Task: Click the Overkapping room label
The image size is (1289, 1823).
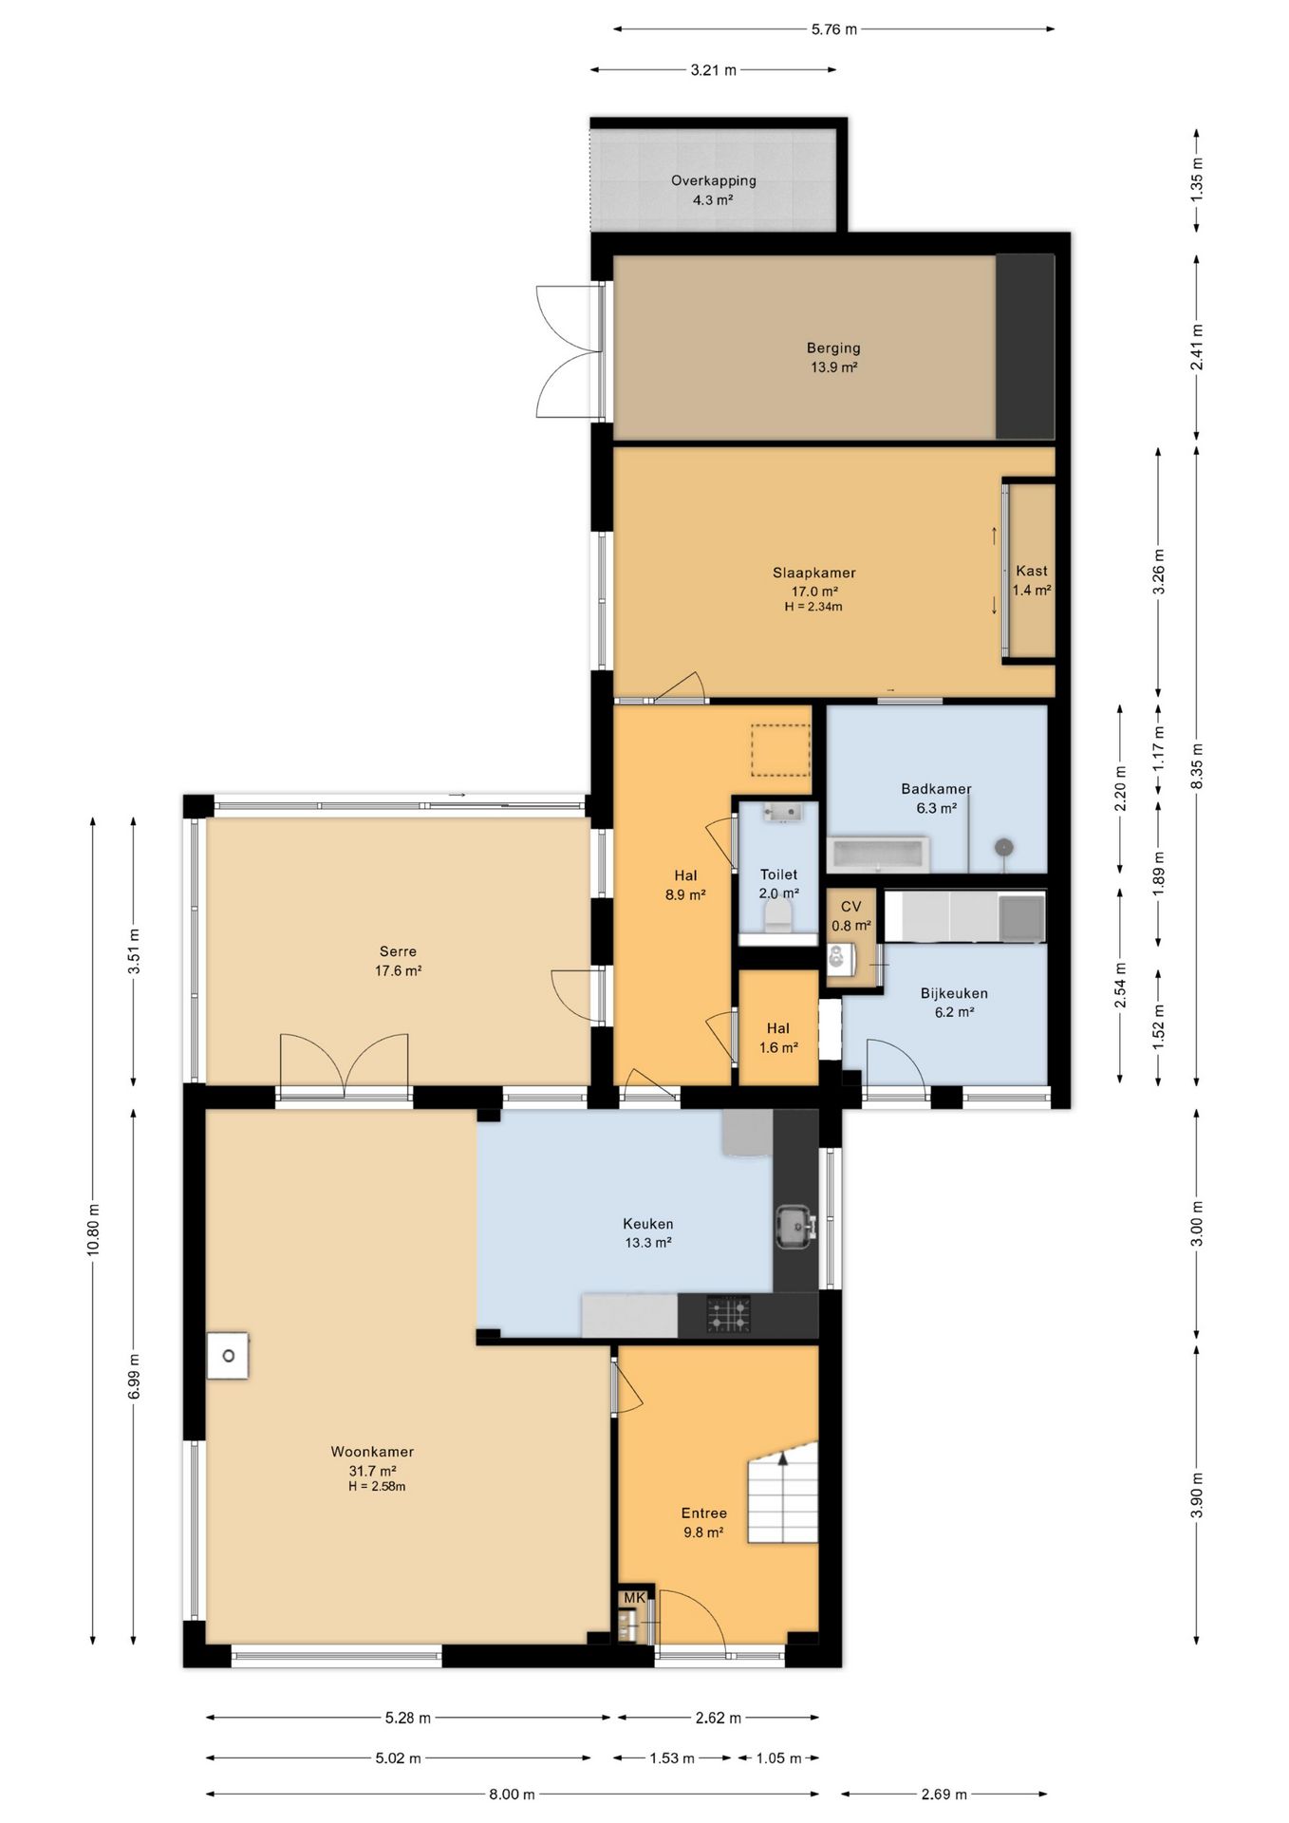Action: pos(713,180)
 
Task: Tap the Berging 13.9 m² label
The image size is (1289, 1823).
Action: pos(833,358)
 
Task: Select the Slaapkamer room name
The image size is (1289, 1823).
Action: pos(813,573)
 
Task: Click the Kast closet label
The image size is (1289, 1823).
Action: pos(1031,571)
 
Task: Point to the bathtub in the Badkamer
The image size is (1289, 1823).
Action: pos(878,854)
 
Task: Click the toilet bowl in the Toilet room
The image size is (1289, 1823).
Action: pos(778,915)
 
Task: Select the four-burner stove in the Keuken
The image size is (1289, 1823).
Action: pos(728,1315)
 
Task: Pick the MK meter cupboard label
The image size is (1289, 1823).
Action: pos(634,1598)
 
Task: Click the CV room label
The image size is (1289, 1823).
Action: pos(850,907)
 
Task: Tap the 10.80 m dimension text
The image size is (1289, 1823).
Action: pos(93,1230)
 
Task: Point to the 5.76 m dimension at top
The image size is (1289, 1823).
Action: pos(833,29)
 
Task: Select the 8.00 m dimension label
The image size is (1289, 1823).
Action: pos(512,1795)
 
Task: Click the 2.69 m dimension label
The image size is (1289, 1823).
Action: pos(943,1795)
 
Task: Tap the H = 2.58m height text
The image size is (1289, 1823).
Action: pos(377,1487)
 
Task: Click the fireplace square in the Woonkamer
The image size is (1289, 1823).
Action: pos(228,1356)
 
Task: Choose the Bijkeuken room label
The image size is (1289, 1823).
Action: pos(954,993)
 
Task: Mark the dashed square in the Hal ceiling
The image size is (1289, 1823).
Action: pos(780,750)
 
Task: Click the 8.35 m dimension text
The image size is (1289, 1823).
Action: pos(1197,766)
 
